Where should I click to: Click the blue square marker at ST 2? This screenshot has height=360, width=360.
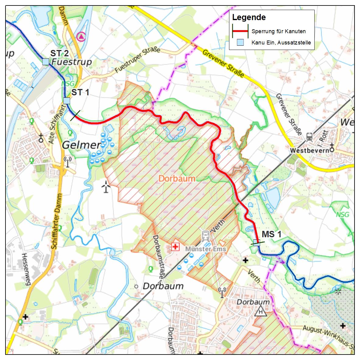coord(46,62)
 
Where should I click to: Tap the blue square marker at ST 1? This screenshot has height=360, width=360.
coord(66,101)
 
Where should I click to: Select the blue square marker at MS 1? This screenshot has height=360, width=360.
coord(256,243)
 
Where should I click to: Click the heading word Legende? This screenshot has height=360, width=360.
coord(249,17)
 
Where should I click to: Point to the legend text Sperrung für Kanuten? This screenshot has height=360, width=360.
coord(278,31)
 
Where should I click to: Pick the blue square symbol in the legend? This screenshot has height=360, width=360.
coord(240,42)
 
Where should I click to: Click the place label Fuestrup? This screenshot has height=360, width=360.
coord(72,62)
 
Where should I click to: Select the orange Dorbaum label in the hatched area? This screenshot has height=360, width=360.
coord(177,178)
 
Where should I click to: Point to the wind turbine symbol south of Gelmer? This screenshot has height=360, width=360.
coord(105,187)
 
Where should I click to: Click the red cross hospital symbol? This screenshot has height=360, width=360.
coord(175,246)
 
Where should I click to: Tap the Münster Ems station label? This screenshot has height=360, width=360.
coord(206,249)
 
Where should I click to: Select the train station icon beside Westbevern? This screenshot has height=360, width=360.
coord(309,136)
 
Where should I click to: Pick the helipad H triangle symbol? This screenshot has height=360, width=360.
coord(261,312)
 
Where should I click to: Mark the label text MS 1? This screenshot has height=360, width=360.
coord(271,234)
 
